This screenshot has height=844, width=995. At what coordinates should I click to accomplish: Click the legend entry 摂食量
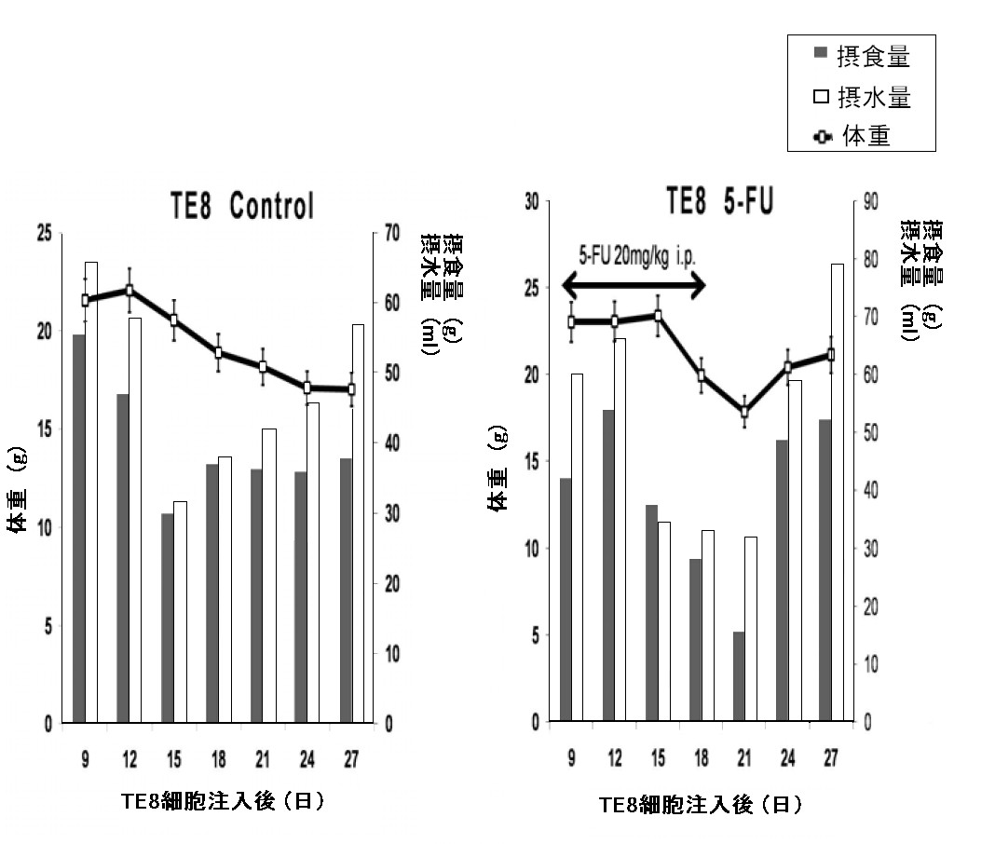[x=860, y=58]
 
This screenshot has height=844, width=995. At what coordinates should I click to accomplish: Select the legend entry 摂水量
[x=860, y=97]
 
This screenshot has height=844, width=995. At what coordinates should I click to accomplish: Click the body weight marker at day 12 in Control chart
[x=129, y=291]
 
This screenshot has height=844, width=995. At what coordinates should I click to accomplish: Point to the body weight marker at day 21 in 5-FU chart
[x=744, y=412]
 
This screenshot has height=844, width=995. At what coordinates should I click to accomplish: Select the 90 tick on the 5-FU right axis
[x=872, y=201]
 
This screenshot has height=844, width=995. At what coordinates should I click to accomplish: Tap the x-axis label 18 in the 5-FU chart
[x=702, y=758]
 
